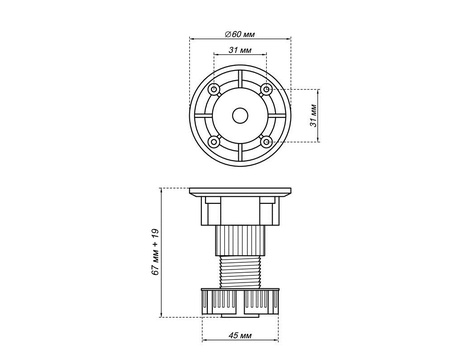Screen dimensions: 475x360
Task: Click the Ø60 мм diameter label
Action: (x=240, y=34)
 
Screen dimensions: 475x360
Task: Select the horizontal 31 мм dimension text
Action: (x=240, y=50)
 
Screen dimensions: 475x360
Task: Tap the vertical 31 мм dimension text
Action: (x=313, y=115)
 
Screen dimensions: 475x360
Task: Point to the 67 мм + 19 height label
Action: (x=155, y=252)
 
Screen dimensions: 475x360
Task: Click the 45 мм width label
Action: (x=240, y=335)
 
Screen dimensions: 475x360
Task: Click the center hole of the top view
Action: (x=240, y=116)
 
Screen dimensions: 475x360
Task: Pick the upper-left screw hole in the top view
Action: (x=214, y=89)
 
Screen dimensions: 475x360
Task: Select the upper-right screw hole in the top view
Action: (x=266, y=89)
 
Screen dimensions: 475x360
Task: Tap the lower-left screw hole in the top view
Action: (x=214, y=142)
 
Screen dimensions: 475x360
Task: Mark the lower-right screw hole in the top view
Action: (x=266, y=142)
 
